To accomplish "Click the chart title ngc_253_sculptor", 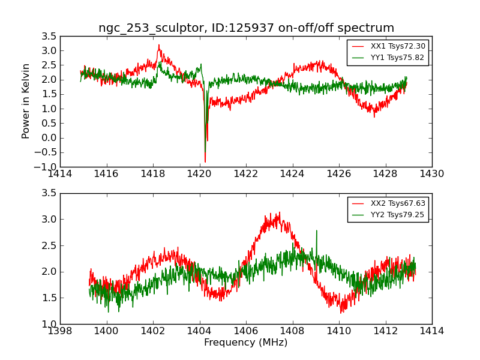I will pos(246,28).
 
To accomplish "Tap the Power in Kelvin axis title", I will pos(26,101).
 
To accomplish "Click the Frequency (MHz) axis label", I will pos(246,343).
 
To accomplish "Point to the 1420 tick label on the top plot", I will pos(199,174).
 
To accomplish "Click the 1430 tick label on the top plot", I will pos(431,174).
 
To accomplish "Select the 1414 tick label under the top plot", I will pos(61,174).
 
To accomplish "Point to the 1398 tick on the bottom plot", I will pos(61,331).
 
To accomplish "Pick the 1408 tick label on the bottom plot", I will pos(292,331).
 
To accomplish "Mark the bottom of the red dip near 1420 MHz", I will pos(205,161).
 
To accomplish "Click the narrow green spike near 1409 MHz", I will pos(316,231).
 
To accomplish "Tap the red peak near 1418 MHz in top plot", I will pos(159,45).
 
